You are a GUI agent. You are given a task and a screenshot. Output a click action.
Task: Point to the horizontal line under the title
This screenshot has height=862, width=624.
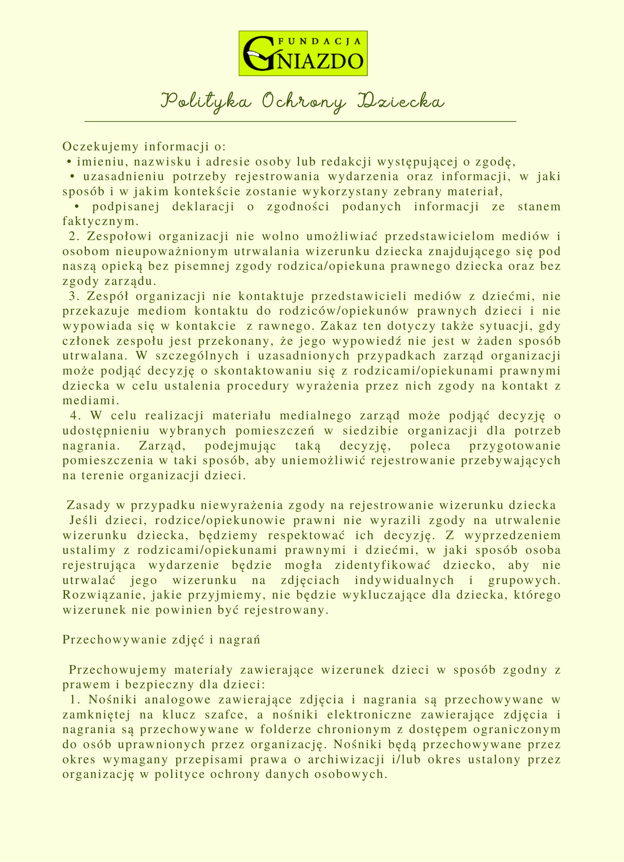point(300,122)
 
